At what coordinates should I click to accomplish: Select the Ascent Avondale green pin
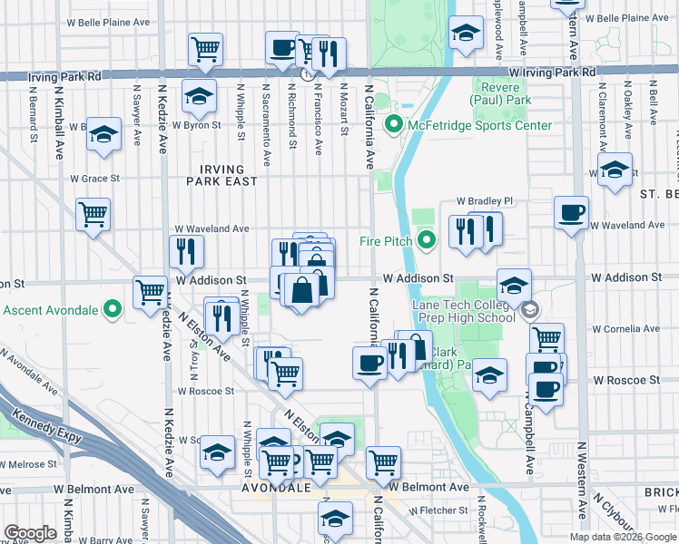coord(113,310)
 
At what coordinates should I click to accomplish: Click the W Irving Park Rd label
coord(552,72)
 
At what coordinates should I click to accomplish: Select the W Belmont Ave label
coord(429,487)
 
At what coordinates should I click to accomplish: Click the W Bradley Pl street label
coord(485,200)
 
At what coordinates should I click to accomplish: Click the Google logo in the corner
coord(30,533)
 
